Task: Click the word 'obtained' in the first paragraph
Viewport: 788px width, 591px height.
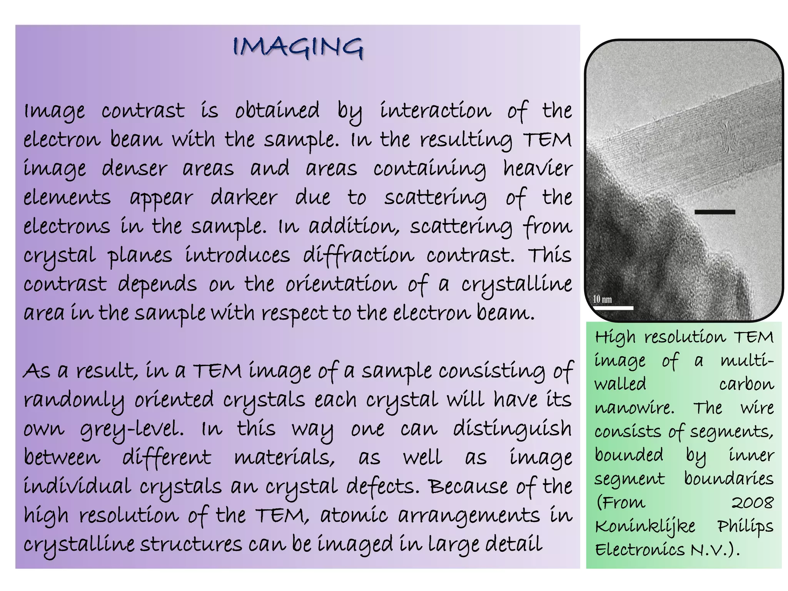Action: pyautogui.click(x=277, y=110)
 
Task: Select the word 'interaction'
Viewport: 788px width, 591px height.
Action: pyautogui.click(x=435, y=110)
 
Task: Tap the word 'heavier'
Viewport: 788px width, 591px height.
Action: pyautogui.click(x=538, y=169)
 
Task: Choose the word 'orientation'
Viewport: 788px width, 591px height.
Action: pyautogui.click(x=341, y=285)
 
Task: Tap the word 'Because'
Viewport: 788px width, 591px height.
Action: pyautogui.click(x=468, y=486)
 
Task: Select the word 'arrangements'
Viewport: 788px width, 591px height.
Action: pyautogui.click(x=469, y=516)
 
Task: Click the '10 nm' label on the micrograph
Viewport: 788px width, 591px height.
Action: pyautogui.click(x=603, y=299)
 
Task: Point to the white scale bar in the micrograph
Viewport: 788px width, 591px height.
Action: pyautogui.click(x=613, y=308)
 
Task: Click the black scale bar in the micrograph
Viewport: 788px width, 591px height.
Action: pyautogui.click(x=715, y=212)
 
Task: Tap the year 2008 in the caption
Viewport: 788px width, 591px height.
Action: pyautogui.click(x=752, y=503)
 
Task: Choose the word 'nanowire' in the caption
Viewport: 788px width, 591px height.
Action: pyautogui.click(x=634, y=408)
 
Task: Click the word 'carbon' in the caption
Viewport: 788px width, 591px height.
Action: pyautogui.click(x=746, y=384)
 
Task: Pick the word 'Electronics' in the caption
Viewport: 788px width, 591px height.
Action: pyautogui.click(x=640, y=550)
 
